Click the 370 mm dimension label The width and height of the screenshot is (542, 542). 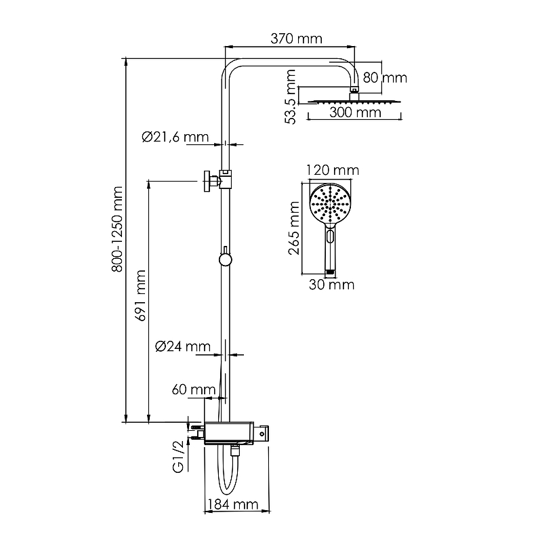click(296, 39)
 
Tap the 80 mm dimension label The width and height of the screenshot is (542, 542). click(385, 78)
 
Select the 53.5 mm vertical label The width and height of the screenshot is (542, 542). click(291, 97)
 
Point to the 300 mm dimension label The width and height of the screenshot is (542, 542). click(355, 112)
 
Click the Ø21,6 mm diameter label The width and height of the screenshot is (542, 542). click(175, 138)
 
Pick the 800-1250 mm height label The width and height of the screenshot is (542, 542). click(117, 229)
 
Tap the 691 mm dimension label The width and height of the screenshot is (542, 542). click(141, 295)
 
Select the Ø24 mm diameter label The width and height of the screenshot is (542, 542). click(182, 346)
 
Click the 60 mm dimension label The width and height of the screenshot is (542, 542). click(194, 390)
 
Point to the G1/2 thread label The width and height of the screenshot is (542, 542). click(179, 457)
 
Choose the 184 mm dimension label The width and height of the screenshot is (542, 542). click(233, 504)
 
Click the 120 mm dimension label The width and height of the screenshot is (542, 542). click(333, 170)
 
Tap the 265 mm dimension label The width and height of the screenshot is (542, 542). click(294, 228)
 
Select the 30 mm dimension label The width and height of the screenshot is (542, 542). click(331, 285)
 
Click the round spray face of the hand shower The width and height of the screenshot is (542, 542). click(330, 204)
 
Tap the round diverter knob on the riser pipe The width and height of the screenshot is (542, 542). click(226, 259)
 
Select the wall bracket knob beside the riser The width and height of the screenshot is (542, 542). click(207, 181)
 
